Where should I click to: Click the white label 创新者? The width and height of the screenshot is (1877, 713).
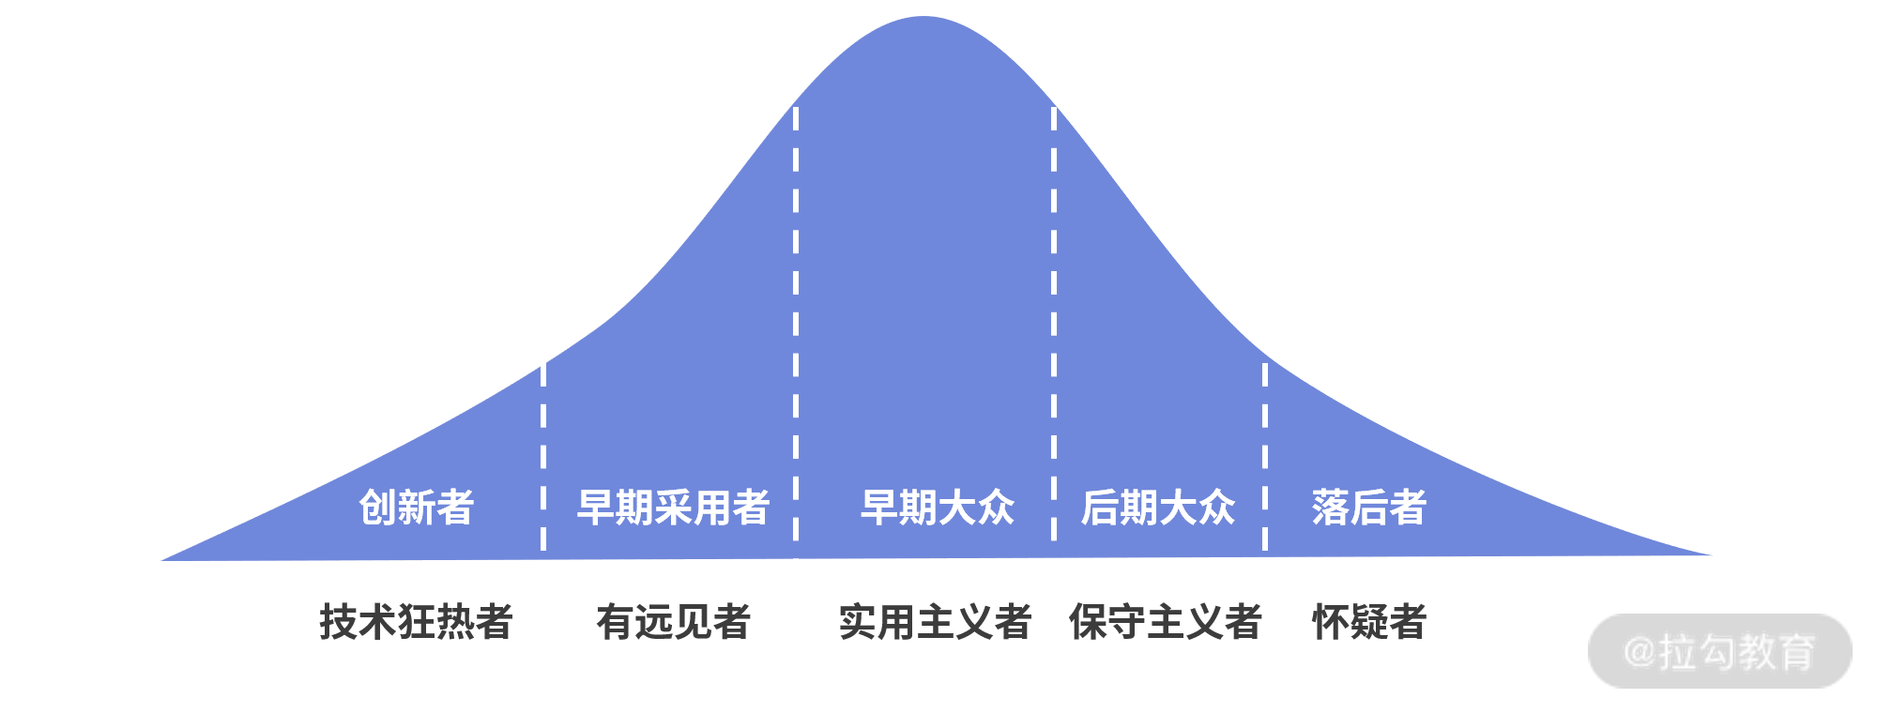(416, 508)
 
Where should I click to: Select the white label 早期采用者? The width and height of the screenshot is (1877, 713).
(673, 508)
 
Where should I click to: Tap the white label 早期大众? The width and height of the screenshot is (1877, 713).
(938, 508)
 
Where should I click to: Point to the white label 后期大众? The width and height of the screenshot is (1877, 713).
(1157, 508)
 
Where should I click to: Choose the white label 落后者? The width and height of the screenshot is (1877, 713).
(1368, 508)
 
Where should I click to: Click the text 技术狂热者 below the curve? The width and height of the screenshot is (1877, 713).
(416, 622)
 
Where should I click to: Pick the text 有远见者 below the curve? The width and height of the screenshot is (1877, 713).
(673, 622)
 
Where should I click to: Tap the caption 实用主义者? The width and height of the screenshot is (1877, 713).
(935, 622)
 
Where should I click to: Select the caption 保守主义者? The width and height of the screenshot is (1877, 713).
(1165, 622)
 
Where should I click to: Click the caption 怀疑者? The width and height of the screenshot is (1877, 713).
(1368, 622)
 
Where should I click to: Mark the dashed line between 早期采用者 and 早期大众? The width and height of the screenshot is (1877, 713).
(796, 328)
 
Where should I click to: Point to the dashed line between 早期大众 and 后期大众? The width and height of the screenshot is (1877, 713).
(1054, 328)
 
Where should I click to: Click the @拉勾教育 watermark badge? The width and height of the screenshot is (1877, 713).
(1719, 651)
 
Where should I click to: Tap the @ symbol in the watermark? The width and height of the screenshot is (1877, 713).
(1640, 651)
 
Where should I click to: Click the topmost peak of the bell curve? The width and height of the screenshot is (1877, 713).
(924, 18)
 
